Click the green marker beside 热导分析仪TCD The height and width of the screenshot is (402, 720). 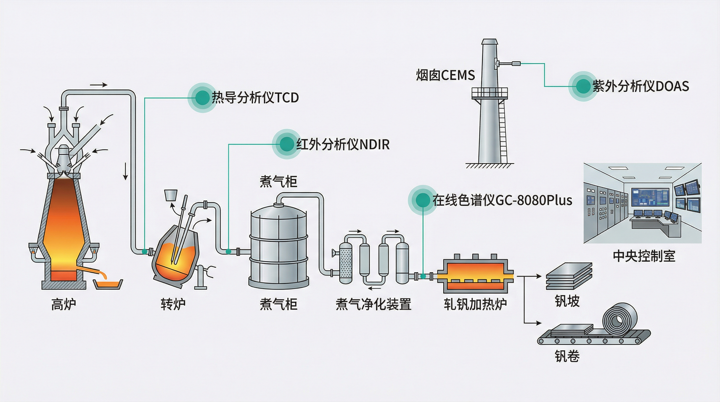pyautogui.click(x=202, y=98)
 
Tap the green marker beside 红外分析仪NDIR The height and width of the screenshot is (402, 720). pyautogui.click(x=286, y=144)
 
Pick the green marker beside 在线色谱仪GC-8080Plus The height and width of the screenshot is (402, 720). pyautogui.click(x=423, y=200)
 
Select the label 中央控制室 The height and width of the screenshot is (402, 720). pyautogui.click(x=644, y=256)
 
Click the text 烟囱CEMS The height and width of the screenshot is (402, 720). pyautogui.click(x=445, y=75)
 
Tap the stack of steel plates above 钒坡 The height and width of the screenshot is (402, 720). pyautogui.click(x=569, y=276)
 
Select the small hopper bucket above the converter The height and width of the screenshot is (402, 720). pyautogui.click(x=171, y=195)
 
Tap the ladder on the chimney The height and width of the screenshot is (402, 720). pyautogui.click(x=503, y=131)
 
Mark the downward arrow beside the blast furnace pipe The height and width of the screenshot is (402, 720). pyautogui.click(x=126, y=171)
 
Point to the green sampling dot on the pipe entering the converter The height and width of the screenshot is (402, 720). pyautogui.click(x=144, y=251)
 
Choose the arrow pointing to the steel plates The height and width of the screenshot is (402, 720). pyautogui.click(x=534, y=276)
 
